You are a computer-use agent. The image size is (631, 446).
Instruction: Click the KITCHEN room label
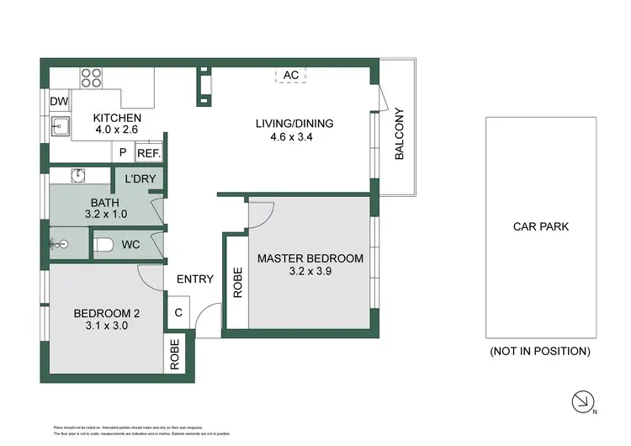117,118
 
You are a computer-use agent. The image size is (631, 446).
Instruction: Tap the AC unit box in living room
291,75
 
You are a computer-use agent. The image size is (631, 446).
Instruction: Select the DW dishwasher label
58,101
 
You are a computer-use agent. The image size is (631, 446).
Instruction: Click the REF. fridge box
149,152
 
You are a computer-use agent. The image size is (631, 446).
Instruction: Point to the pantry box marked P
122,152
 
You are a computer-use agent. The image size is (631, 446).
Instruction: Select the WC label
130,245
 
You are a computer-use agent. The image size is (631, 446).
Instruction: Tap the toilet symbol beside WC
103,245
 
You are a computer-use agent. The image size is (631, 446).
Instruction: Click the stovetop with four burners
90,77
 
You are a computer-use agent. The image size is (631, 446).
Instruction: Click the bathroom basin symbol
77,176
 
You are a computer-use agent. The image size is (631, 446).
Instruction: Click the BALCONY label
400,135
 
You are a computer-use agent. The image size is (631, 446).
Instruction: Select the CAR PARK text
540,226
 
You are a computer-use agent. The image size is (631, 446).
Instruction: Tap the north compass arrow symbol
581,402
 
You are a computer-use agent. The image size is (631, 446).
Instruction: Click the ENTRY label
194,279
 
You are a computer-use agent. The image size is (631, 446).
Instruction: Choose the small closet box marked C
178,312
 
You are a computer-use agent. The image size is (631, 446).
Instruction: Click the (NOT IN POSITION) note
539,351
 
